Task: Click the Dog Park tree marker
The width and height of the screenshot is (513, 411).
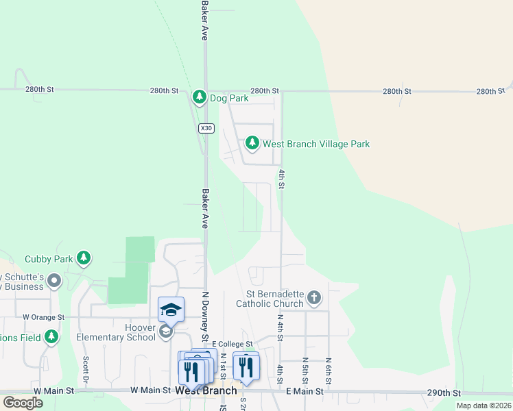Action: coord(200,97)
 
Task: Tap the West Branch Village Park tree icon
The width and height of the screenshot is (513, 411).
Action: coord(252,144)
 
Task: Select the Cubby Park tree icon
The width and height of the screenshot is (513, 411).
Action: coord(84,258)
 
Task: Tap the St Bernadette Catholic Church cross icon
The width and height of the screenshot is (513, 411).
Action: coord(314,297)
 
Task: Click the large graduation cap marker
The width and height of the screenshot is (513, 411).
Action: coord(171,310)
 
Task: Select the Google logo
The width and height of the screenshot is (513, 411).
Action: coord(23,403)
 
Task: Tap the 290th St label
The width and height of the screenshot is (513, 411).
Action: coord(442,393)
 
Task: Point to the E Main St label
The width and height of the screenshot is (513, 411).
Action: coord(304,391)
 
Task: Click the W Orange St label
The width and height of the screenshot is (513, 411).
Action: coord(43,317)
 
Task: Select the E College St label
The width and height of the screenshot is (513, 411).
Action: coord(232,344)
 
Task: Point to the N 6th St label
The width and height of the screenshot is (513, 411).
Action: coord(329,370)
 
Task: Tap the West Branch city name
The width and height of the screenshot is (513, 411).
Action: coord(206,390)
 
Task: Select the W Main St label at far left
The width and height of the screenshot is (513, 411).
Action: coord(53,390)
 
